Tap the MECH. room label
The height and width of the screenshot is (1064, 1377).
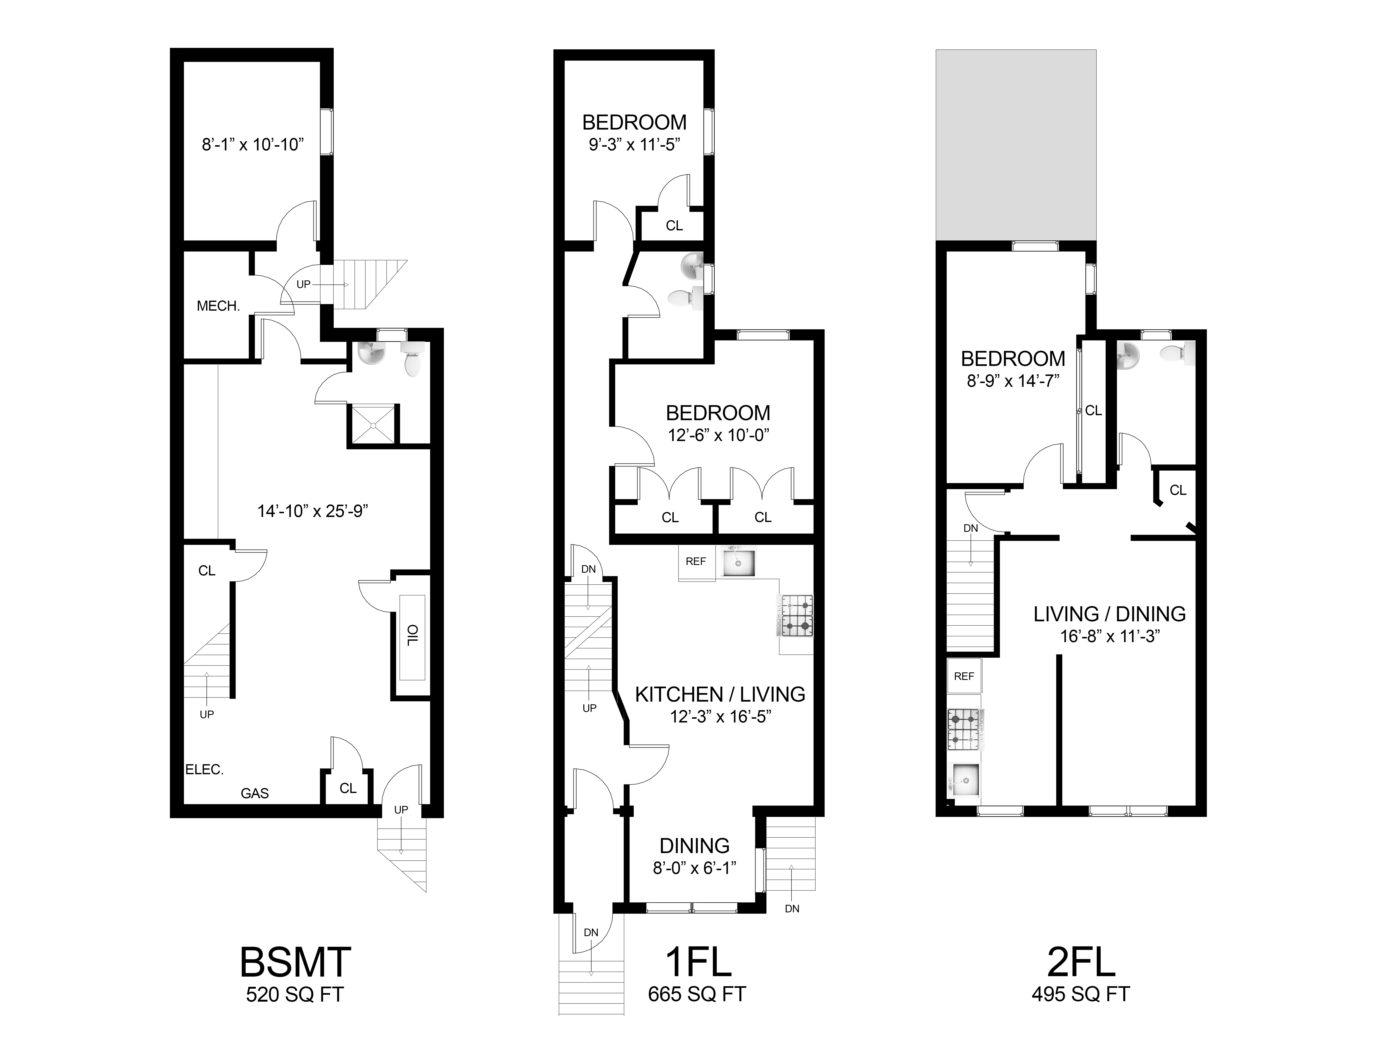[218, 306]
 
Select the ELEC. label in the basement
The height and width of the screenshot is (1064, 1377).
[204, 770]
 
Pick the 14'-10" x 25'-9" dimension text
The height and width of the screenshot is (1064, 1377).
[313, 511]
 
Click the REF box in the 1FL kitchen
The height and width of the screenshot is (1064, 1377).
[696, 562]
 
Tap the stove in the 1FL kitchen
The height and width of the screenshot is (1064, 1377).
[797, 616]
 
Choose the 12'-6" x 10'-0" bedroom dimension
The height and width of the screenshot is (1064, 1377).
[719, 436]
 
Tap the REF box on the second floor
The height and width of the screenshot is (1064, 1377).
[964, 676]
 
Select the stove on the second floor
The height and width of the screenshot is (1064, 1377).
[965, 729]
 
